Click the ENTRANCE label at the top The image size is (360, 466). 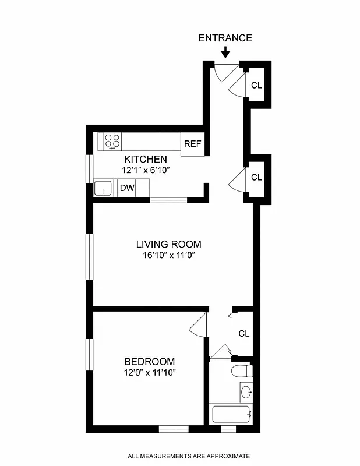(225, 38)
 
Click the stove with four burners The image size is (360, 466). (112, 140)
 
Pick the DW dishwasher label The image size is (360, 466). (126, 188)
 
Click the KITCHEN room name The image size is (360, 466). (146, 159)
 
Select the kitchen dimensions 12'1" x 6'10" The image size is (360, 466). (146, 170)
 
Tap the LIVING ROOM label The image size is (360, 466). (168, 245)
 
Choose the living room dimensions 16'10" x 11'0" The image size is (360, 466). (168, 256)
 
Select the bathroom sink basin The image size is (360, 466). (245, 391)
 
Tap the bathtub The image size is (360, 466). (231, 415)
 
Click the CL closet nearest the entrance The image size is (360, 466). (256, 85)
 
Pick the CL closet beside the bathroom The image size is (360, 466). (243, 334)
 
